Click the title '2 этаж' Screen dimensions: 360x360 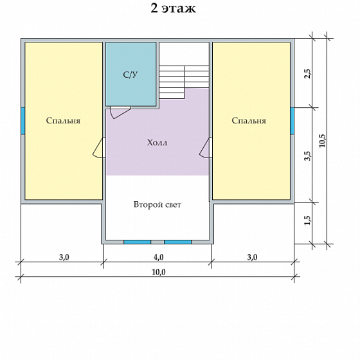[x=173, y=8]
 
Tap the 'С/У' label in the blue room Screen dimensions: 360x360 [x=130, y=75]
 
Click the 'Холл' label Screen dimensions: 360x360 [x=157, y=143]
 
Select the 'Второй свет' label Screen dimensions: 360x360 [x=157, y=204]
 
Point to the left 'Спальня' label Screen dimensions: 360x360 [x=63, y=121]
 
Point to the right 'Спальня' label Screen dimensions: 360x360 [x=249, y=121]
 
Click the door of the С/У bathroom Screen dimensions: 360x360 [x=121, y=113]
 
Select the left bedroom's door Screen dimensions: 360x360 [x=99, y=148]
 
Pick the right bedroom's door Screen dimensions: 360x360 [x=206, y=148]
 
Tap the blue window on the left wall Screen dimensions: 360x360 [x=23, y=121]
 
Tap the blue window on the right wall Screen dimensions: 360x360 [x=292, y=121]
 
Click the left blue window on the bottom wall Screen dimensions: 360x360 [x=138, y=242]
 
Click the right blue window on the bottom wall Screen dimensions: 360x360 [x=177, y=242]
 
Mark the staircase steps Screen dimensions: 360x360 [x=184, y=82]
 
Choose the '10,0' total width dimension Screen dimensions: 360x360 [x=159, y=273]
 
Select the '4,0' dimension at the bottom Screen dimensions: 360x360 [x=158, y=257]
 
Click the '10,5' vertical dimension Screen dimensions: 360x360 [x=323, y=141]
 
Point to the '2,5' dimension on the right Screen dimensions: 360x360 [x=308, y=74]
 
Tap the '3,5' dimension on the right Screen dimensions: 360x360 [x=308, y=156]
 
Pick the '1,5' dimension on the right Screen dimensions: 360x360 [x=308, y=221]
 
